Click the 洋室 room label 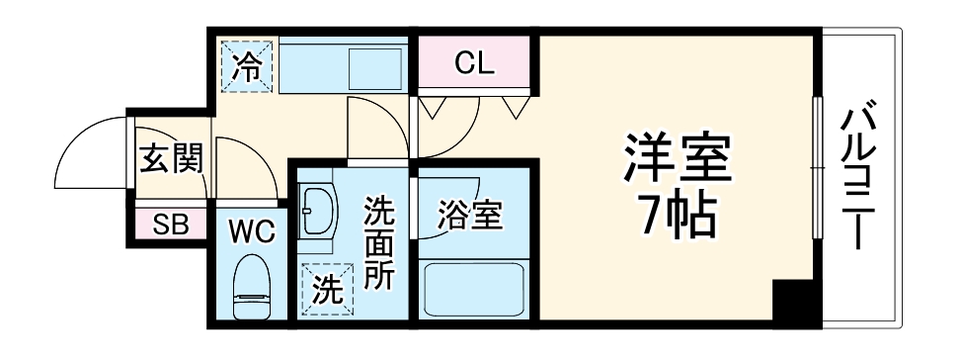(x=678, y=159)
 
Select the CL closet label (x=474, y=65)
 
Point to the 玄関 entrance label (x=170, y=158)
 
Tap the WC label (x=251, y=233)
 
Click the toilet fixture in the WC (x=250, y=288)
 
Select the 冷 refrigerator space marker (x=246, y=66)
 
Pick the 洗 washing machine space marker (x=327, y=289)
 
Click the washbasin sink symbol (x=316, y=210)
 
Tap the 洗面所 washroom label (x=377, y=243)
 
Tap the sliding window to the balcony (x=817, y=168)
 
